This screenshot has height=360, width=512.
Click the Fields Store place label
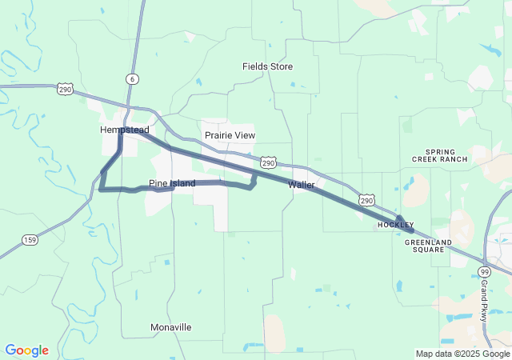click(268, 66)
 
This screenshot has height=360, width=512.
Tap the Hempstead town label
click(124, 130)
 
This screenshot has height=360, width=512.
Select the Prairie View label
click(230, 135)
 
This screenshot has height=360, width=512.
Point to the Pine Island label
click(172, 183)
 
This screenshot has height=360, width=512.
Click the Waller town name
click(302, 185)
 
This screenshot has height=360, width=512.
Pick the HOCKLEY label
click(396, 226)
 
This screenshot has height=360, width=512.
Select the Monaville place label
click(171, 327)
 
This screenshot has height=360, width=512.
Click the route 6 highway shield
click(131, 78)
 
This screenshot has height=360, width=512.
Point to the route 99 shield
click(485, 272)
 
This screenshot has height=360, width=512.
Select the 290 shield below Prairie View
click(269, 162)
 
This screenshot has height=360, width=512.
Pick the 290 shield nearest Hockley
click(366, 199)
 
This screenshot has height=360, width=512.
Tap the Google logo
click(26, 350)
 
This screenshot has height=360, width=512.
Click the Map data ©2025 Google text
click(462, 354)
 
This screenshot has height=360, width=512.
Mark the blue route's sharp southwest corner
click(100, 189)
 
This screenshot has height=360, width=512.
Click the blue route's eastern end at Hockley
click(411, 230)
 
